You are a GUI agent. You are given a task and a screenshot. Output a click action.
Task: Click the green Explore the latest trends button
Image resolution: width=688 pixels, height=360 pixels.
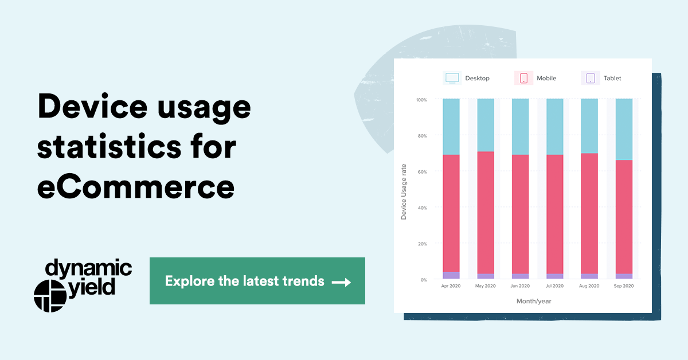point(257,281)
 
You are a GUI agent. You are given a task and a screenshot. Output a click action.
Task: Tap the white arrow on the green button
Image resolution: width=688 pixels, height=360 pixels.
point(341,282)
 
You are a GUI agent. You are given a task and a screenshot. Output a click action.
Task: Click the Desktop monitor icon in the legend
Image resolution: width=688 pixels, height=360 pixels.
point(452,78)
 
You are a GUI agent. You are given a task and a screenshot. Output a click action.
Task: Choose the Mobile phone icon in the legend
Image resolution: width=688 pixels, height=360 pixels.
point(523,78)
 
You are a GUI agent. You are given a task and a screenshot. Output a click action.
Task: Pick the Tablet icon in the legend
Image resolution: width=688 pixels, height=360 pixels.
point(591,78)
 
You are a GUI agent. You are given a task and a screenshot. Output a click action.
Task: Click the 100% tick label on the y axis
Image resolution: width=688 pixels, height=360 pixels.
point(421,100)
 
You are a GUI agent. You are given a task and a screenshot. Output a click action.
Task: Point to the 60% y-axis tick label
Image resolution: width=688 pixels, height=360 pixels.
point(423,171)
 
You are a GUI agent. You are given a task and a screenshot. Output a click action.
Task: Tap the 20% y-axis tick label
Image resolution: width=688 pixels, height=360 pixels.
point(423,244)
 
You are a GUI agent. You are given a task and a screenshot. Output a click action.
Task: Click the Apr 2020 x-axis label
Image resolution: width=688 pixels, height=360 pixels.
point(451,285)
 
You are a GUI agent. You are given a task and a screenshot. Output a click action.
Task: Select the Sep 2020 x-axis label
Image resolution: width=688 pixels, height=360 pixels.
point(623,285)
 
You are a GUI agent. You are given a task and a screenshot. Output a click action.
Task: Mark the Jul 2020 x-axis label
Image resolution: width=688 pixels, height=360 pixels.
point(554,285)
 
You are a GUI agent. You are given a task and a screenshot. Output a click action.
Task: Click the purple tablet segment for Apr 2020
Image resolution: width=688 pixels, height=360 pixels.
point(451,275)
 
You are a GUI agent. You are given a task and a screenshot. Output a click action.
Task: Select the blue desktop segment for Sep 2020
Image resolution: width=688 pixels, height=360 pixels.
point(623,129)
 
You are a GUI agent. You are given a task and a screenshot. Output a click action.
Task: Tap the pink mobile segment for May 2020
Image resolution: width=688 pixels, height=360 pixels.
point(486,212)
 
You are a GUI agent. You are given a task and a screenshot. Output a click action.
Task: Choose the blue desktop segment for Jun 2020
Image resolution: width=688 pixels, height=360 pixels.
point(520,126)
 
